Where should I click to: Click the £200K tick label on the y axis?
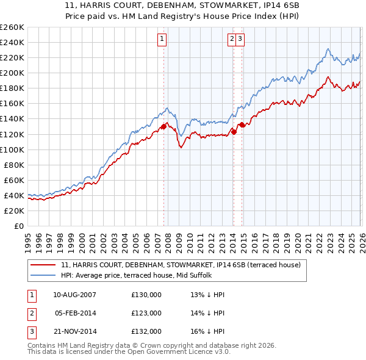click(x=12, y=73)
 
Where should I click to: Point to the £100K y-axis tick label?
click(x=12, y=149)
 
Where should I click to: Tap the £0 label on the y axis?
click(x=19, y=226)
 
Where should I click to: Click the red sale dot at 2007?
click(x=163, y=126)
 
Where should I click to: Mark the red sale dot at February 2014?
click(x=234, y=131)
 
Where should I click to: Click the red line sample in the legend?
click(x=43, y=265)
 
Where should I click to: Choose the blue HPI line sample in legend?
click(x=43, y=276)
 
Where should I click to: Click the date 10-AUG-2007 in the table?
click(x=75, y=295)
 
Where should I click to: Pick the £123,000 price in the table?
click(x=146, y=313)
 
